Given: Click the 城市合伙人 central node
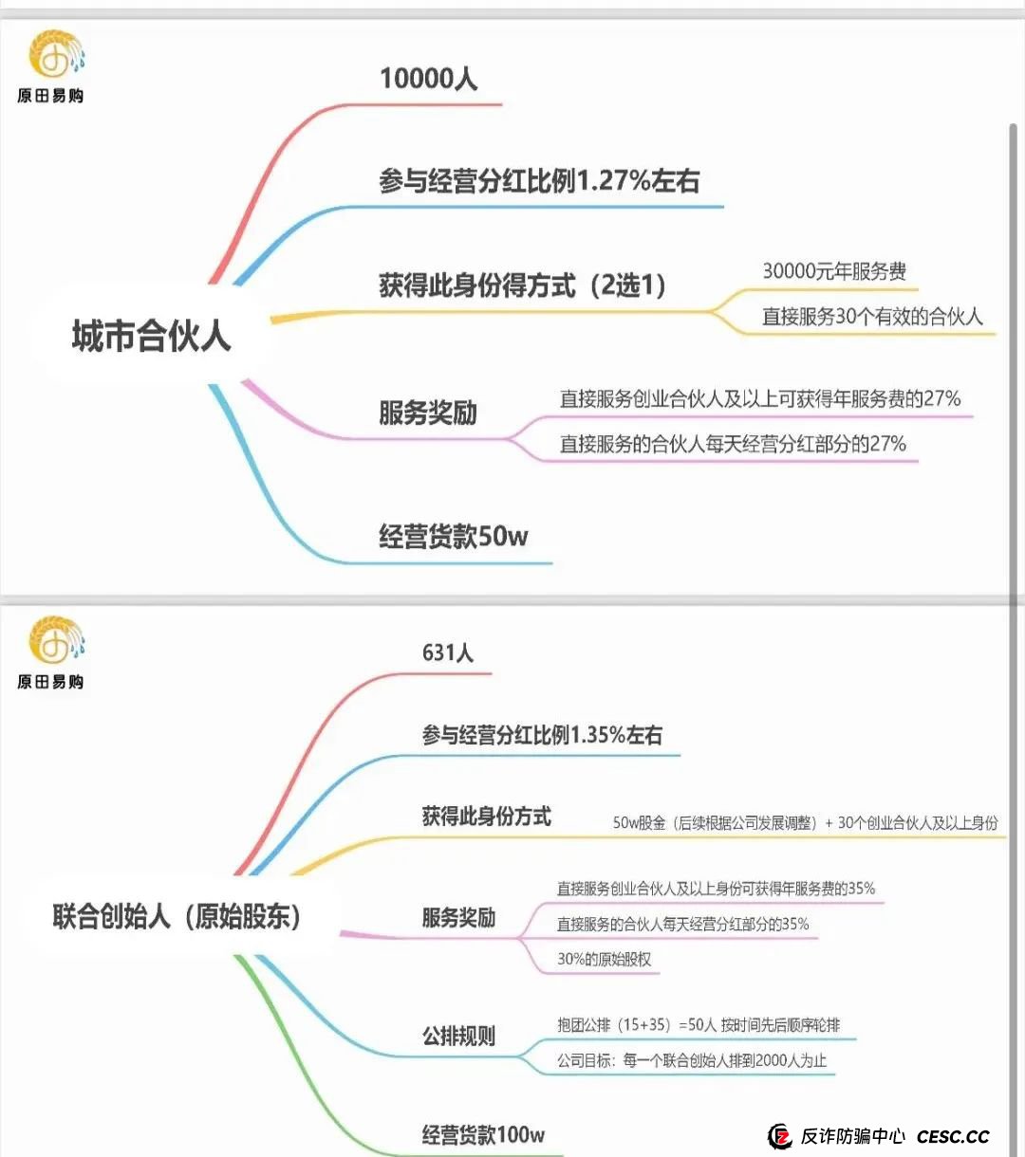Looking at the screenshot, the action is [152, 336].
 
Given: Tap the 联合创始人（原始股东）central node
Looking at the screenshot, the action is [177, 916].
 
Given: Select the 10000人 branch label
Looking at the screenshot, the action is [429, 79].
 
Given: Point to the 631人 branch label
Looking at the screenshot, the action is [448, 652].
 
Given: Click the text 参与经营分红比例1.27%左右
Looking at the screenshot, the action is [539, 181].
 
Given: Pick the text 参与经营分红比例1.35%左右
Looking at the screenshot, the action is [542, 735].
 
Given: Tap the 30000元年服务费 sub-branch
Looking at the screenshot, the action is [834, 271].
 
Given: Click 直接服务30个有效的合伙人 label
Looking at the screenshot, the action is [872, 317].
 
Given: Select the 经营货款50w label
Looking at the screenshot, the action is [454, 536].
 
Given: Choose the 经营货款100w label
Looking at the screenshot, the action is [483, 1135].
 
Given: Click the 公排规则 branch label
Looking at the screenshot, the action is [458, 1036].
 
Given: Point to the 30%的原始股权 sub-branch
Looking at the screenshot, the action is [605, 959].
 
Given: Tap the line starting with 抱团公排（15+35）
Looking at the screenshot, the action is [699, 1025].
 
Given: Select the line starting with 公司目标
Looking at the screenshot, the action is [692, 1060].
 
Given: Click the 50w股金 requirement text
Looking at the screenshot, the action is [805, 823].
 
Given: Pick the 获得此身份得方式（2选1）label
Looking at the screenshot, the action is [523, 285].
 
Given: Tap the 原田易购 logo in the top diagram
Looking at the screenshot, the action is [51, 66].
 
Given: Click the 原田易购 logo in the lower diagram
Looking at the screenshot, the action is [51, 652].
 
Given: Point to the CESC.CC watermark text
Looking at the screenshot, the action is [953, 1136].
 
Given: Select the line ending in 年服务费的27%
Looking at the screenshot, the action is [760, 398].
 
